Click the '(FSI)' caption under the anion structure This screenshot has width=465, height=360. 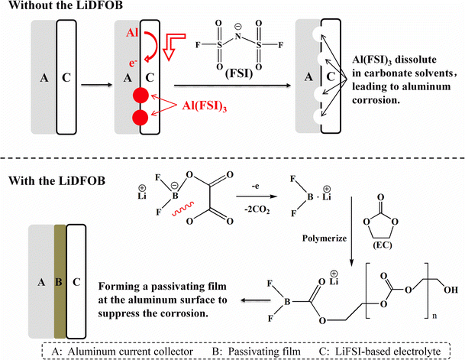229,78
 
